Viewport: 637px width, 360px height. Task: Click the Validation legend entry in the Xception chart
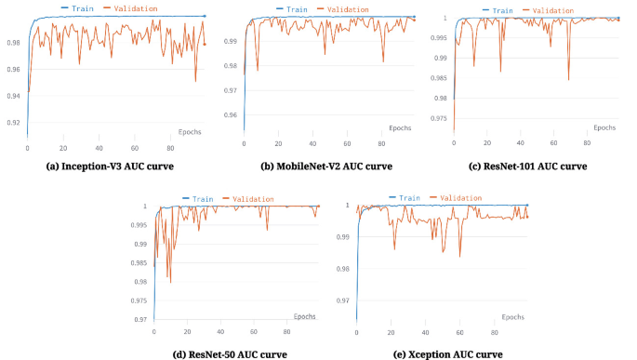[457, 197]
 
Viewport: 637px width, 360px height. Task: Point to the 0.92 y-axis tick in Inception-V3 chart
[14, 123]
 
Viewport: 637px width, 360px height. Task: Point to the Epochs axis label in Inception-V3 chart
[190, 131]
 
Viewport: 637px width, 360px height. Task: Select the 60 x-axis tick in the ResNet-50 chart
[254, 331]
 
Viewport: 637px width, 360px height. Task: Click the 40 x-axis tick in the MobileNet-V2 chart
[312, 143]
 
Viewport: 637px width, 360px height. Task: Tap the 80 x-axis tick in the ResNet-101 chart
[586, 142]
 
